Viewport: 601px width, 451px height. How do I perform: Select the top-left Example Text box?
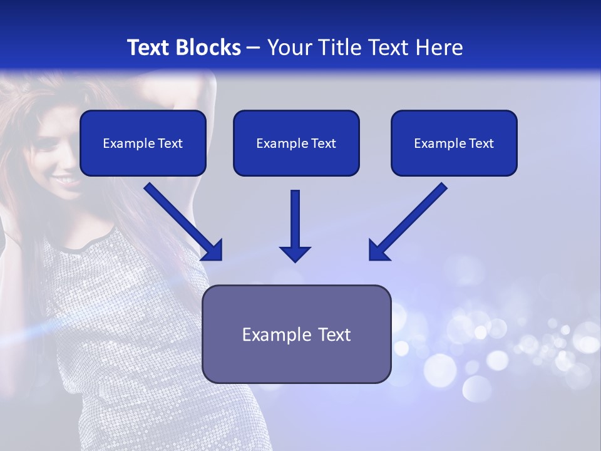pyautogui.click(x=143, y=143)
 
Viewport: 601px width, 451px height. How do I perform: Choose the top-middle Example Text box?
pyautogui.click(x=296, y=143)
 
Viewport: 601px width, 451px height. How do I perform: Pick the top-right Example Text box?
pyautogui.click(x=454, y=143)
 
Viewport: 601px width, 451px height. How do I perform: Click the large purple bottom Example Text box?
pyautogui.click(x=297, y=334)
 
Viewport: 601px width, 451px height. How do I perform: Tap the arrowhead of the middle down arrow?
pyautogui.click(x=295, y=253)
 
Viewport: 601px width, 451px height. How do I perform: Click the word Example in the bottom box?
pyautogui.click(x=273, y=334)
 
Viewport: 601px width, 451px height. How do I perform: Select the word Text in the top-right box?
pyautogui.click(x=480, y=143)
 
